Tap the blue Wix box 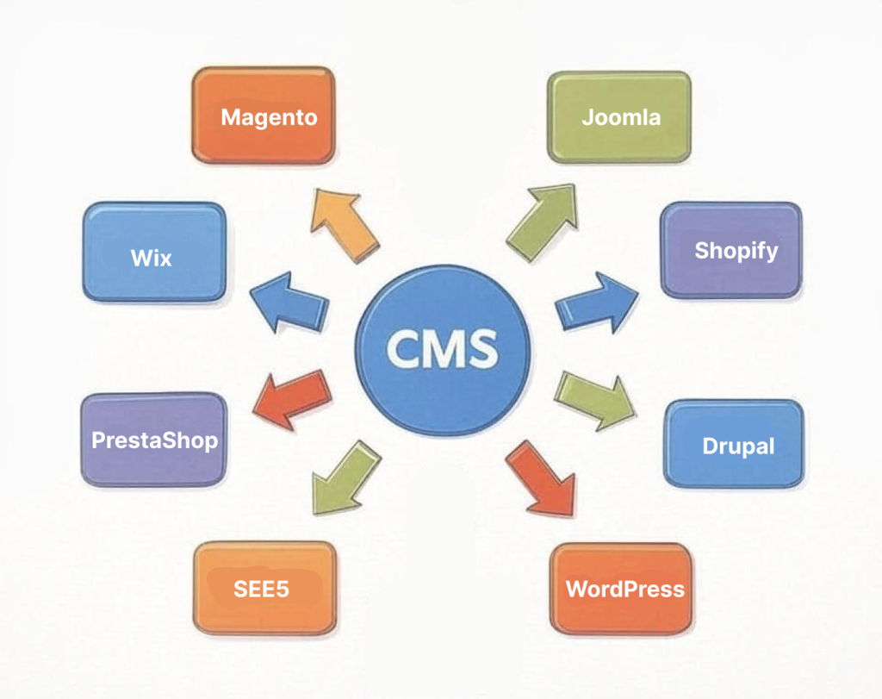(x=154, y=253)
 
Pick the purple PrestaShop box (x=153, y=440)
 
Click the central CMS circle (x=442, y=349)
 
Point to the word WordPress (x=624, y=590)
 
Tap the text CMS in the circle (x=442, y=349)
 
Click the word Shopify (x=736, y=251)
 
